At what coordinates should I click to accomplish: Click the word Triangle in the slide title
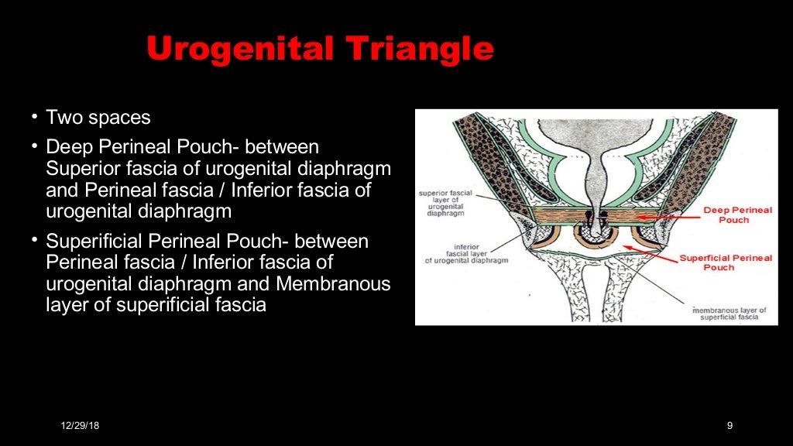coord(418,50)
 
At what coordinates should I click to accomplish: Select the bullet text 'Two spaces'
coord(98,118)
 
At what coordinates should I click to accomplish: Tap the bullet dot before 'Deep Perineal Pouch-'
coord(34,146)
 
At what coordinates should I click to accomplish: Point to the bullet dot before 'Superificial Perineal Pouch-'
coord(34,241)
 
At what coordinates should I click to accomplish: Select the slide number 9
coord(729,425)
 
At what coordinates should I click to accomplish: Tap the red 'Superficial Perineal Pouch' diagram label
coord(725,262)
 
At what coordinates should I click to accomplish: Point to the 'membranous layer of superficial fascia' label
coord(728,313)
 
